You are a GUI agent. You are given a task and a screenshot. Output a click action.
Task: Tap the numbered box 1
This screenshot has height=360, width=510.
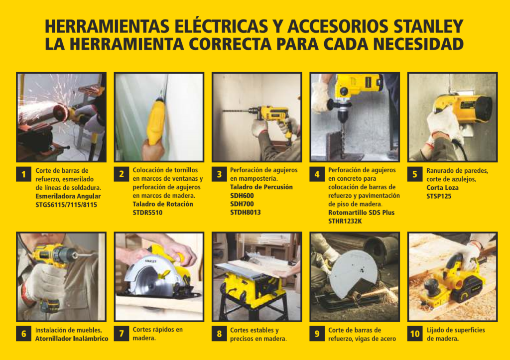pyautogui.click(x=24, y=174)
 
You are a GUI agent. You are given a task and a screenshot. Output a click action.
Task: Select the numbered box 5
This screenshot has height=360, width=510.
pyautogui.click(x=415, y=174)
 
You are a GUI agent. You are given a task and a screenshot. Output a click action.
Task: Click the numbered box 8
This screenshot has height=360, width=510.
pyautogui.click(x=219, y=334)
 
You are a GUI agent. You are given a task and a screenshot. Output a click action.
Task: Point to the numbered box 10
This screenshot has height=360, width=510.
pyautogui.click(x=415, y=334)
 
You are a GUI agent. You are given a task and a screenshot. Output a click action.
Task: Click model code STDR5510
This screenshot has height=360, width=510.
pyautogui.click(x=147, y=213)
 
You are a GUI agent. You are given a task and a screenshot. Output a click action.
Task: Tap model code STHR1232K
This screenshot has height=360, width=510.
pyautogui.click(x=345, y=221)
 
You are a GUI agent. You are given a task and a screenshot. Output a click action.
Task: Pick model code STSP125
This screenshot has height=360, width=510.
pyautogui.click(x=439, y=196)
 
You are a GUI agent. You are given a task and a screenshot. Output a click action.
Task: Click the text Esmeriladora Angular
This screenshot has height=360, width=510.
pyautogui.click(x=68, y=196)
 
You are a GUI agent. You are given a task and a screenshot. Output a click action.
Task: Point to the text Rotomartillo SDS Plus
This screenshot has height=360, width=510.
pyautogui.click(x=361, y=213)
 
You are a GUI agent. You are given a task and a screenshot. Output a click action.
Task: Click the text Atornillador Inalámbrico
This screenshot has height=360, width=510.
pyautogui.click(x=72, y=339)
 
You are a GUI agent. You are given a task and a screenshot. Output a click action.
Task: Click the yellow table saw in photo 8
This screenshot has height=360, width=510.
pyautogui.click(x=252, y=286)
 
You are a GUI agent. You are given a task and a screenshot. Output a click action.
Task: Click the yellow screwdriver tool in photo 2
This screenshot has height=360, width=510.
pyautogui.click(x=155, y=121)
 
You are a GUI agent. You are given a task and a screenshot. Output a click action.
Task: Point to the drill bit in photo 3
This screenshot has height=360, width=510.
pyautogui.click(x=236, y=111)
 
